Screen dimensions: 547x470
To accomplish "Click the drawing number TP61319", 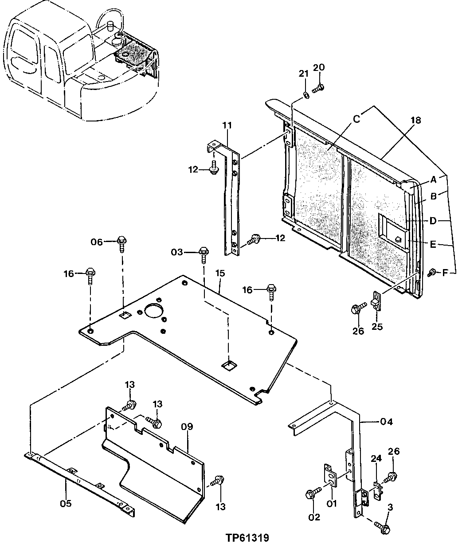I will point(247,538).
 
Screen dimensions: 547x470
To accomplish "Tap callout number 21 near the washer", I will point(303,74).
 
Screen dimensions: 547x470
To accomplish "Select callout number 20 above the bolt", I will point(319,67).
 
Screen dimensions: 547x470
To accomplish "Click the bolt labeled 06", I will point(122,242).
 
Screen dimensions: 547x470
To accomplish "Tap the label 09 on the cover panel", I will point(187,427).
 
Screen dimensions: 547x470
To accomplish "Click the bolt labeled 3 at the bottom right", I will point(383,527).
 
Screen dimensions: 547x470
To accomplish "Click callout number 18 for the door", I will point(415,120).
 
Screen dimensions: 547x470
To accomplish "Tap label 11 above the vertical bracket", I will point(227,125).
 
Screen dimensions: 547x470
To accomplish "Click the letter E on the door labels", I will point(433,244).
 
